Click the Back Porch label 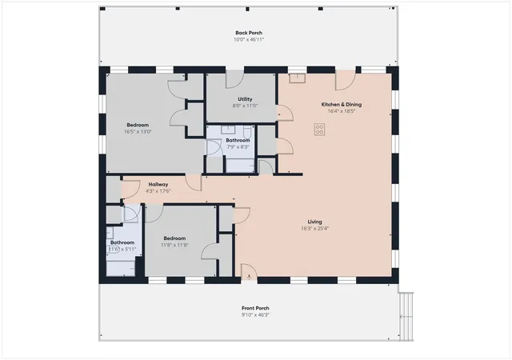pyautogui.click(x=249, y=33)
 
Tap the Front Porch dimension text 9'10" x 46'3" pyautogui.click(x=255, y=315)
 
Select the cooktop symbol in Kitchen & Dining pyautogui.click(x=320, y=130)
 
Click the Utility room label pyautogui.click(x=245, y=99)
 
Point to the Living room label pyautogui.click(x=314, y=222)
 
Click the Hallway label pyautogui.click(x=158, y=185)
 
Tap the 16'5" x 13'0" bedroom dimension pyautogui.click(x=138, y=132)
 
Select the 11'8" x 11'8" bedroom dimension pyautogui.click(x=174, y=245)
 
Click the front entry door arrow pyautogui.click(x=249, y=277)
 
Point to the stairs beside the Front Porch pyautogui.click(x=406, y=317)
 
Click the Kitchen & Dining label pyautogui.click(x=342, y=105)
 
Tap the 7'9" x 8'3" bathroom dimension pyautogui.click(x=238, y=147)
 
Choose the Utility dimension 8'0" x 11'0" pyautogui.click(x=245, y=106)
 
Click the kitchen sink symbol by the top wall pyautogui.click(x=297, y=78)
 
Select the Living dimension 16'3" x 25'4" pyautogui.click(x=314, y=228)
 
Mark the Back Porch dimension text pyautogui.click(x=249, y=39)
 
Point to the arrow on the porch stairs pyautogui.click(x=405, y=317)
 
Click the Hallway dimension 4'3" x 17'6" pyautogui.click(x=158, y=191)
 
